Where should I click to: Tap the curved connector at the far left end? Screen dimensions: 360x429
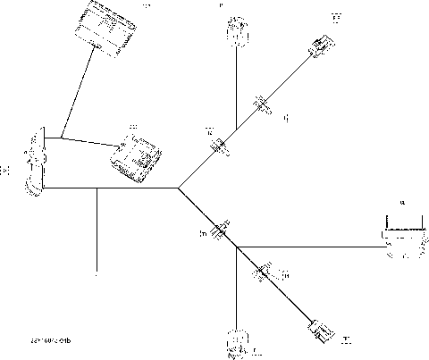[x=37, y=163]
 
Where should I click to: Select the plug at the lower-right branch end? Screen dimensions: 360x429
[x=320, y=331]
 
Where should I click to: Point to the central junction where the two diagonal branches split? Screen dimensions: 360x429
[x=179, y=188]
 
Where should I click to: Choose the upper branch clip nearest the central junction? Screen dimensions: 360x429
[x=220, y=146]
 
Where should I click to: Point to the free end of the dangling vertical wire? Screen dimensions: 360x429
[x=96, y=269]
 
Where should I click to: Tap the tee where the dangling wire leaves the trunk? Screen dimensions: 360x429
[x=96, y=188]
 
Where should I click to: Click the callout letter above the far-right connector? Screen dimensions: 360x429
[x=402, y=204]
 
